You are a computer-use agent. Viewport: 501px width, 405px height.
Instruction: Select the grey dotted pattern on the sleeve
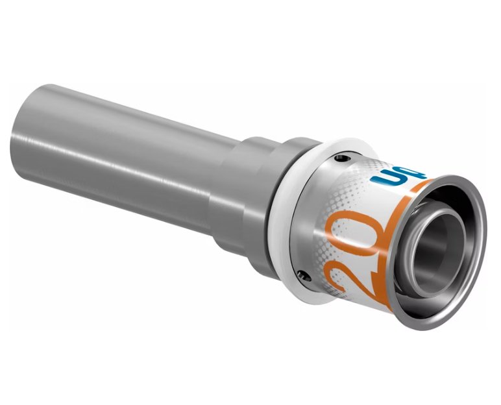[350, 195]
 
